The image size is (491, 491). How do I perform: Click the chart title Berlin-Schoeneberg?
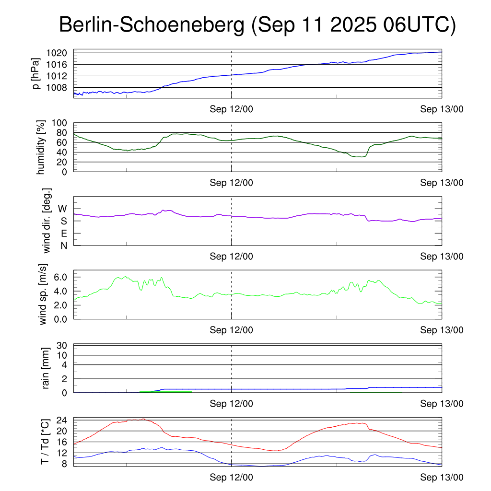(x=152, y=24)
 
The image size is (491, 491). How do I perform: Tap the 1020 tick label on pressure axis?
(x=57, y=53)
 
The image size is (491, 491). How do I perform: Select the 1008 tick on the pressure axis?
(x=57, y=88)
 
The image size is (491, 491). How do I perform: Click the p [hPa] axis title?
(x=36, y=73)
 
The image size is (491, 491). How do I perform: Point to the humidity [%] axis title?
(x=41, y=147)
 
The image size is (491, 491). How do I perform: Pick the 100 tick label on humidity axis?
(x=59, y=123)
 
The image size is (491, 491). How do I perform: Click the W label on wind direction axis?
(x=62, y=209)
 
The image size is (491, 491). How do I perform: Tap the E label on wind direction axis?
(x=64, y=234)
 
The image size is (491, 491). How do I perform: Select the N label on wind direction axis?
(x=64, y=246)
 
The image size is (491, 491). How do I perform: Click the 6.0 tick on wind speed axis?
(x=60, y=277)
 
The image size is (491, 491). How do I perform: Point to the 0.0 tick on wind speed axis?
(x=60, y=319)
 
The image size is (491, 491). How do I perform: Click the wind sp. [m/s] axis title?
(x=43, y=294)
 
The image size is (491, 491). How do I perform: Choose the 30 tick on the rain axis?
(x=62, y=345)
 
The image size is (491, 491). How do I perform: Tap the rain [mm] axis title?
(x=46, y=368)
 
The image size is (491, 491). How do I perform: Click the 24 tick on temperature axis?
(x=62, y=420)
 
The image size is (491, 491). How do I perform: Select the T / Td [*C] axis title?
(x=45, y=442)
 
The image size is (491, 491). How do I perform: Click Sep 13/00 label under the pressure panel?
(x=442, y=109)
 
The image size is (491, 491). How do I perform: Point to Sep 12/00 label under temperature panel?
(x=232, y=477)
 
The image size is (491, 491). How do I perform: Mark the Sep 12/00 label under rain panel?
(x=232, y=404)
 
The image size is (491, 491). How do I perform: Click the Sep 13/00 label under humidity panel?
(x=442, y=183)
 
